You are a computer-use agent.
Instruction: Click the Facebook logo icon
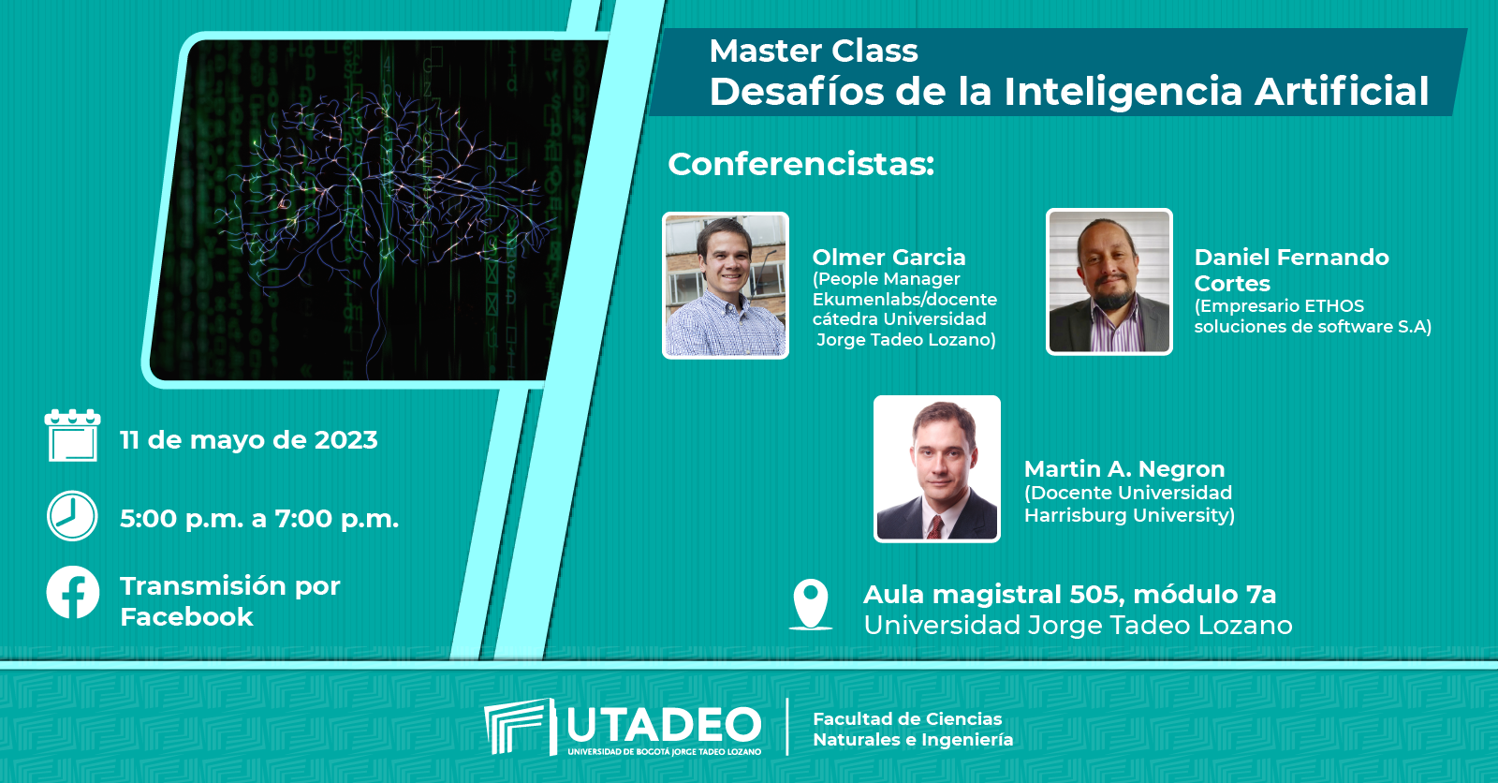tap(73, 592)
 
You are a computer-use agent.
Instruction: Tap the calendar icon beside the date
tap(72, 435)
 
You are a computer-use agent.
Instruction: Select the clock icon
tap(72, 516)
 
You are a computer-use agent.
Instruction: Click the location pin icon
tap(811, 604)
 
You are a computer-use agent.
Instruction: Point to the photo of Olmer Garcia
tap(726, 285)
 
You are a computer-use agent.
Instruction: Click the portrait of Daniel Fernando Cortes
tap(1109, 282)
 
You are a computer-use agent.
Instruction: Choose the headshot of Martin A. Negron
tap(937, 468)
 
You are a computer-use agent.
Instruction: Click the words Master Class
tap(814, 51)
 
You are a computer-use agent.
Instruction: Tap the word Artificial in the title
tap(1343, 91)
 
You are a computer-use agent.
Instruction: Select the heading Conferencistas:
tap(801, 165)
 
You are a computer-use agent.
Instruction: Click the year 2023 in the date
tap(345, 439)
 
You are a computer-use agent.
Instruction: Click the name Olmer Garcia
tap(889, 257)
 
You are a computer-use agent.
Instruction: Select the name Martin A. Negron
tap(1124, 468)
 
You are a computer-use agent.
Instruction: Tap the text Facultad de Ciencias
tap(907, 718)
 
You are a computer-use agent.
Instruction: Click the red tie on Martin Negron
tap(935, 526)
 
